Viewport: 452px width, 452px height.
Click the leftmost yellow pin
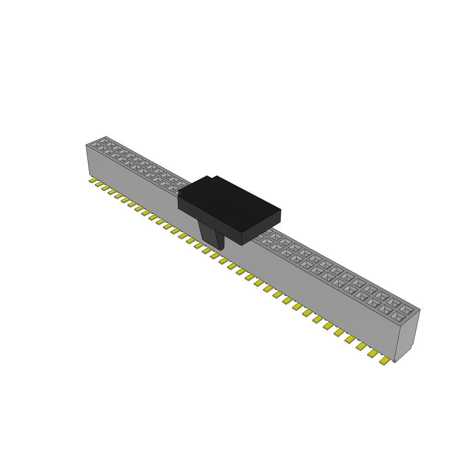pyautogui.click(x=93, y=180)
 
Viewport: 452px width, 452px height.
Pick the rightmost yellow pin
pyautogui.click(x=385, y=361)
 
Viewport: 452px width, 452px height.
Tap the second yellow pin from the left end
pyautogui.click(x=99, y=184)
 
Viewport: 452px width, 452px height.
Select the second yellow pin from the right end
pyautogui.click(x=373, y=353)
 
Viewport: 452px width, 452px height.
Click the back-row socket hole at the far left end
pyautogui.click(x=104, y=141)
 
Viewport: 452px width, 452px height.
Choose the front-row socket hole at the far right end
pyautogui.click(x=397, y=316)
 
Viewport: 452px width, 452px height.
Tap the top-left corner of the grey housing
pyautogui.click(x=87, y=145)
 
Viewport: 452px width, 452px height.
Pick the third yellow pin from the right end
pyautogui.click(x=362, y=346)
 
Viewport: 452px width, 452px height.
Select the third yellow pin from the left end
pyautogui.click(x=106, y=188)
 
